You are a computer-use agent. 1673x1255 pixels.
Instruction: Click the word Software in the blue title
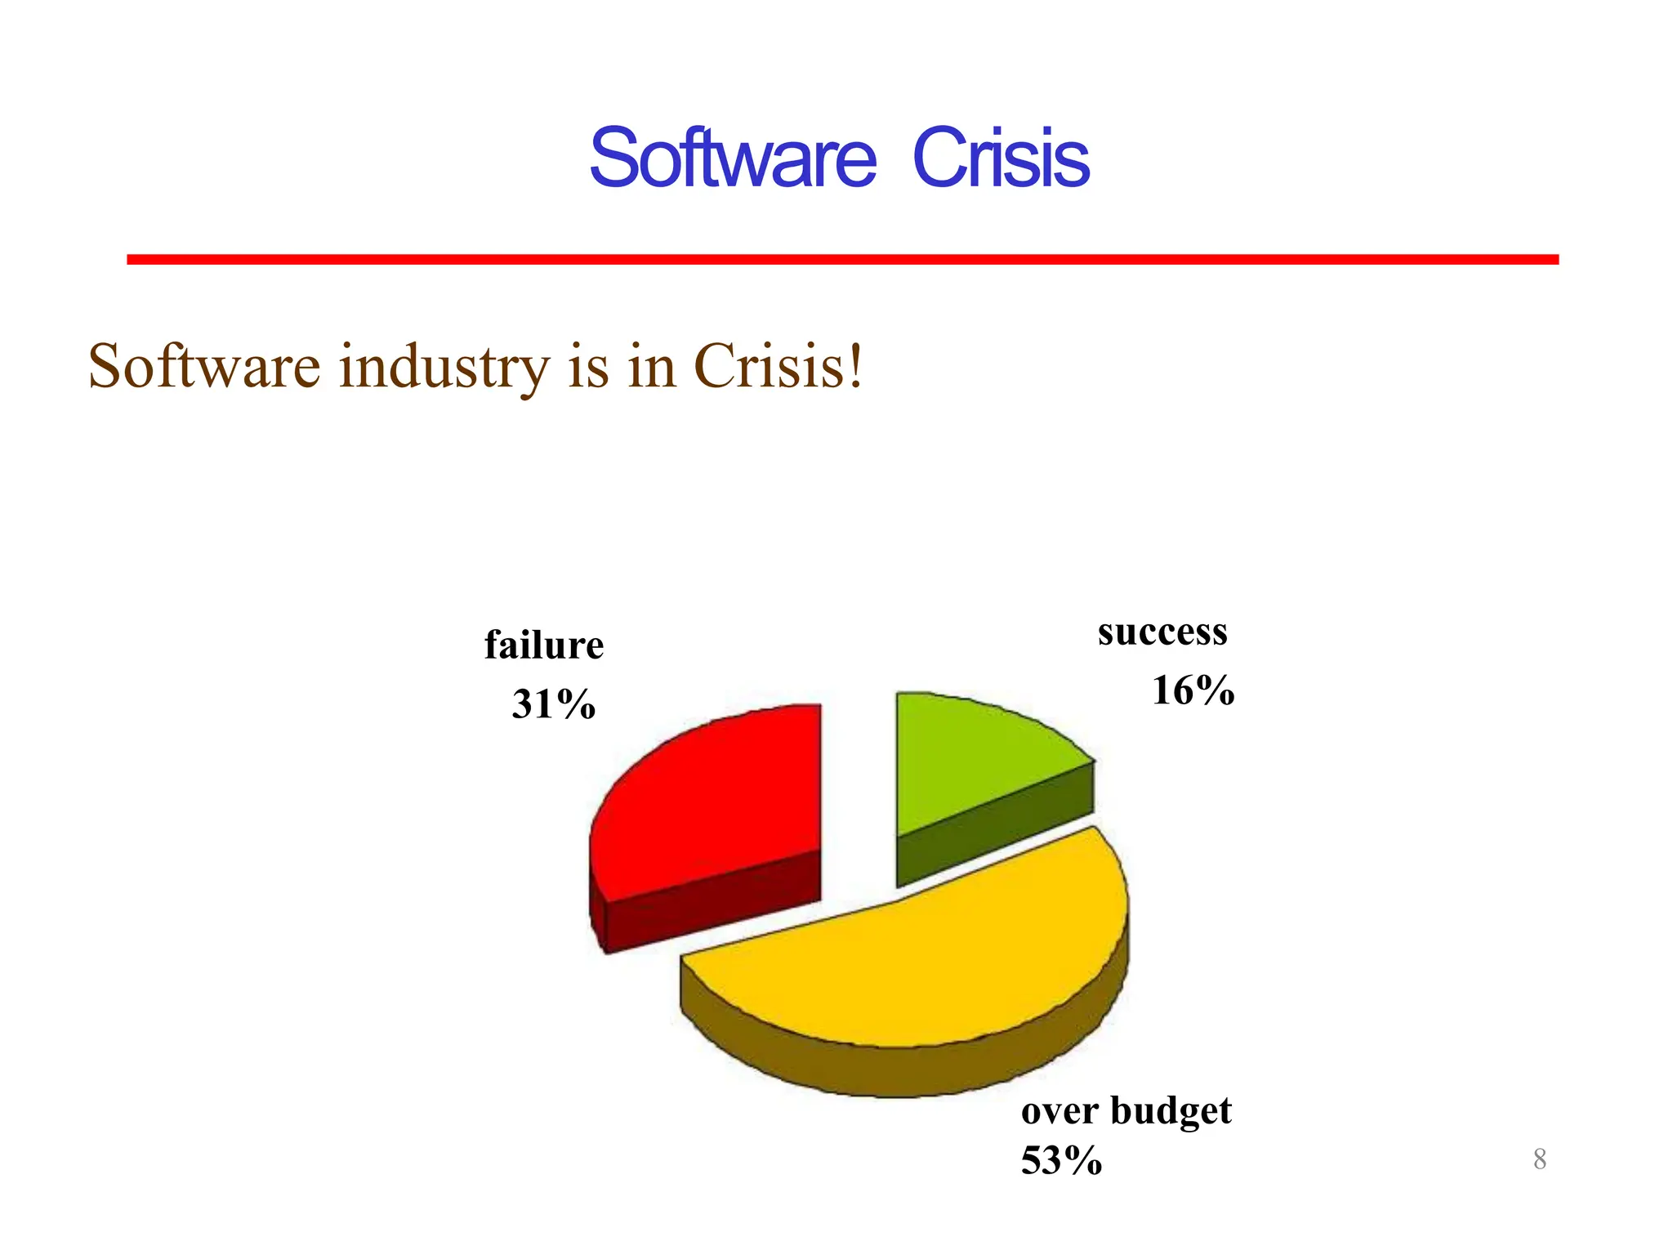[732, 159]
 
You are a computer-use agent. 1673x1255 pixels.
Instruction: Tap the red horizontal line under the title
[841, 259]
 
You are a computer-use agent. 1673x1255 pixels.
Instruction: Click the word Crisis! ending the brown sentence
[778, 367]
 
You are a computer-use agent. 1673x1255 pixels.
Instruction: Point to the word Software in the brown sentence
[204, 367]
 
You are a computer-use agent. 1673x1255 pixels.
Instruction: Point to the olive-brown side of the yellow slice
[899, 1070]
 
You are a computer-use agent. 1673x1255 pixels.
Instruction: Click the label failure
[544, 645]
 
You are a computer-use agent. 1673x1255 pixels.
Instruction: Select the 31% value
[554, 704]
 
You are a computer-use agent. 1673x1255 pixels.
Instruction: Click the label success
[1162, 632]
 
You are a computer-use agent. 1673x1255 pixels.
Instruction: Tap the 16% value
[1193, 690]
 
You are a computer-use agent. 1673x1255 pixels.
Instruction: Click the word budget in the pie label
[1171, 1111]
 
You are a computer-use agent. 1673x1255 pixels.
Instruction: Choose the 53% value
[1061, 1160]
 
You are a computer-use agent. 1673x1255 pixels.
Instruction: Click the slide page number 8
[1539, 1159]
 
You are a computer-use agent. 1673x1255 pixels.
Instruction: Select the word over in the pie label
[1060, 1111]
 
